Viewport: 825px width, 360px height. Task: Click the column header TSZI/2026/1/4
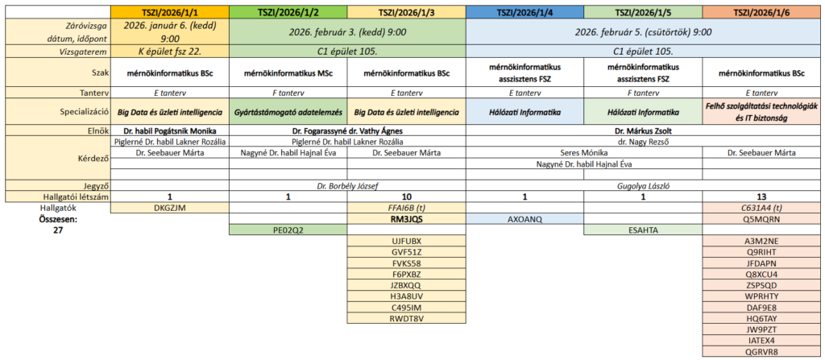(524, 12)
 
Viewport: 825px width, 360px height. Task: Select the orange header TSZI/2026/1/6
(762, 12)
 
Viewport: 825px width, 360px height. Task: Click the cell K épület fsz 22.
(170, 52)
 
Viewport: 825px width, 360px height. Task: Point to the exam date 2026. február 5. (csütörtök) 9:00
(644, 32)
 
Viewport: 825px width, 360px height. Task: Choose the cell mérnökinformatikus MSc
(288, 73)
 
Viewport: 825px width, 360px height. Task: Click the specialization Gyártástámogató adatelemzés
(288, 112)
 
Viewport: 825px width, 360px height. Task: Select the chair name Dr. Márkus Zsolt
(644, 130)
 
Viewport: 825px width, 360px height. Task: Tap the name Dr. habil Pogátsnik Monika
(170, 130)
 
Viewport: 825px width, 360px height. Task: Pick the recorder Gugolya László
(644, 185)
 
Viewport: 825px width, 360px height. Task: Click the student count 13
(762, 197)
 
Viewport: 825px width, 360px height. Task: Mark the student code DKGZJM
(170, 208)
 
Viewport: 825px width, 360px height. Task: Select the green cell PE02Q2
(288, 230)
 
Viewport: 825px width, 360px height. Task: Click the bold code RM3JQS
(406, 219)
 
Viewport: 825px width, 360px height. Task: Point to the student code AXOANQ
(524, 219)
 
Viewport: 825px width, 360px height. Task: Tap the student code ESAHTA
(643, 230)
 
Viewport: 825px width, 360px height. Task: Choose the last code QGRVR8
(762, 352)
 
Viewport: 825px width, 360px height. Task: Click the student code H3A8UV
(406, 296)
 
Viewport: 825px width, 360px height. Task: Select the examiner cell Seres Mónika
(584, 153)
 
